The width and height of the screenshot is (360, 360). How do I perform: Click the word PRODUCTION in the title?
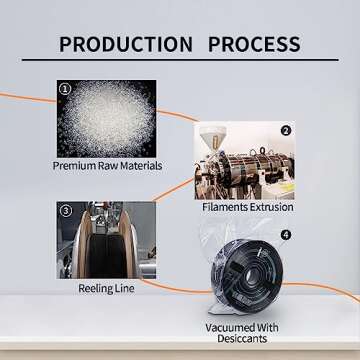126,44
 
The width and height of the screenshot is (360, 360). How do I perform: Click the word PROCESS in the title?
254,44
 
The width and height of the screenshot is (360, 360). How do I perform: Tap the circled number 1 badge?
65,89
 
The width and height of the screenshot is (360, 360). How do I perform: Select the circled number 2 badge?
285,131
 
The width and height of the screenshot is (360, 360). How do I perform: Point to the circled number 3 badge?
66,211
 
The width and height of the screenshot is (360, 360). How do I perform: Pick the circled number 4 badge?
285,235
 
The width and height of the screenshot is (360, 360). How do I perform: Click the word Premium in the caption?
74,166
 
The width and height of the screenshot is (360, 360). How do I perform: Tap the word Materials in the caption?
141,166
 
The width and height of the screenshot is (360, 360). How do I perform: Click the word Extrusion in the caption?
272,207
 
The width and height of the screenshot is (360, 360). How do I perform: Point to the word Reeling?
94,289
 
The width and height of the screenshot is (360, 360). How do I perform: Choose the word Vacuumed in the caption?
229,327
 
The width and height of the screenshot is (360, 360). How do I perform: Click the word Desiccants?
242,339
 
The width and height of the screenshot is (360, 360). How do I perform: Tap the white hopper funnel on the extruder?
212,136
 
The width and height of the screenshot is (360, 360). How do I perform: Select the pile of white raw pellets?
107,119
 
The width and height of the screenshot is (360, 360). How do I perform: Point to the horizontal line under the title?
180,60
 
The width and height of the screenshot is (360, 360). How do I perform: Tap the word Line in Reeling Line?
124,288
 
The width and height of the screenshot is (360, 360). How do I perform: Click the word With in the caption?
266,327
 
